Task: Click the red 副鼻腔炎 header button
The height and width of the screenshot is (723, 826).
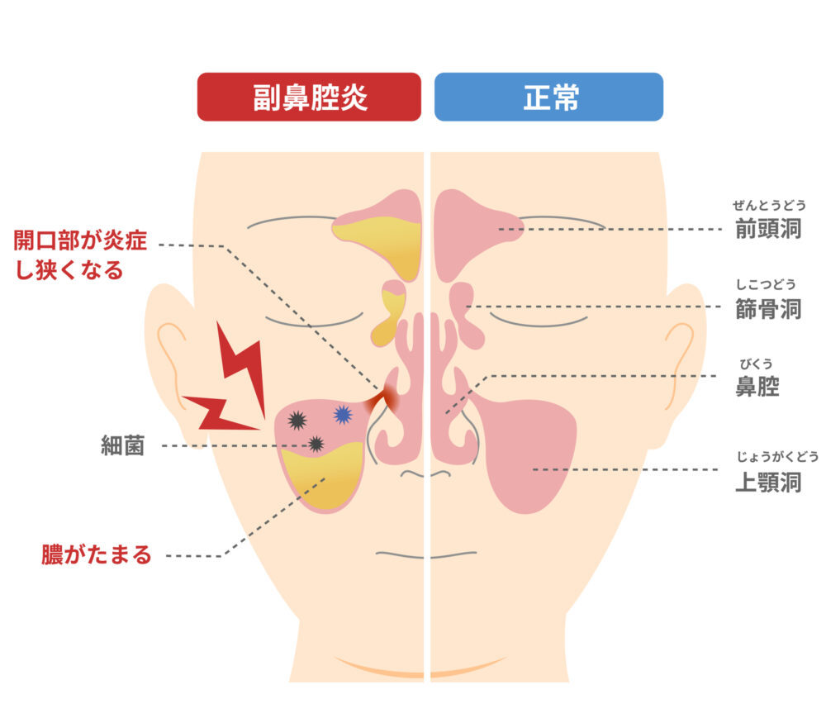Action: pos(309,97)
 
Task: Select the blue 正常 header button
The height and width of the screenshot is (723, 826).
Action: pos(549,97)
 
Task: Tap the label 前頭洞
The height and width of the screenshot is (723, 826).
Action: pos(768,229)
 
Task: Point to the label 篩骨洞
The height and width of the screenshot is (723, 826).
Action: pos(768,309)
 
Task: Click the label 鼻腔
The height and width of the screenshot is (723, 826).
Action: pos(757,387)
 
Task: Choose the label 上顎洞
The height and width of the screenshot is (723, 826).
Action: pos(768,483)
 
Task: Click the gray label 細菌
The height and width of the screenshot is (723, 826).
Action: pos(122,446)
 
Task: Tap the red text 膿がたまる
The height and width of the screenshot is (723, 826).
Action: pos(97,555)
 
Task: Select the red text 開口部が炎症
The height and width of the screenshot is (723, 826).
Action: pos(80,240)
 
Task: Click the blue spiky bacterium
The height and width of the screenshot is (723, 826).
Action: pos(343,415)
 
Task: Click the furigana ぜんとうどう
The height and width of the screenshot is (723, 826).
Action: pos(769,205)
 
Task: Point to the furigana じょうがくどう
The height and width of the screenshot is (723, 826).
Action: pos(777,456)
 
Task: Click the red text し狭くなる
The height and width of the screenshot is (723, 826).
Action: pos(69,270)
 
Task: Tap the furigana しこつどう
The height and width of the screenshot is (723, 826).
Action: pos(766,284)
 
